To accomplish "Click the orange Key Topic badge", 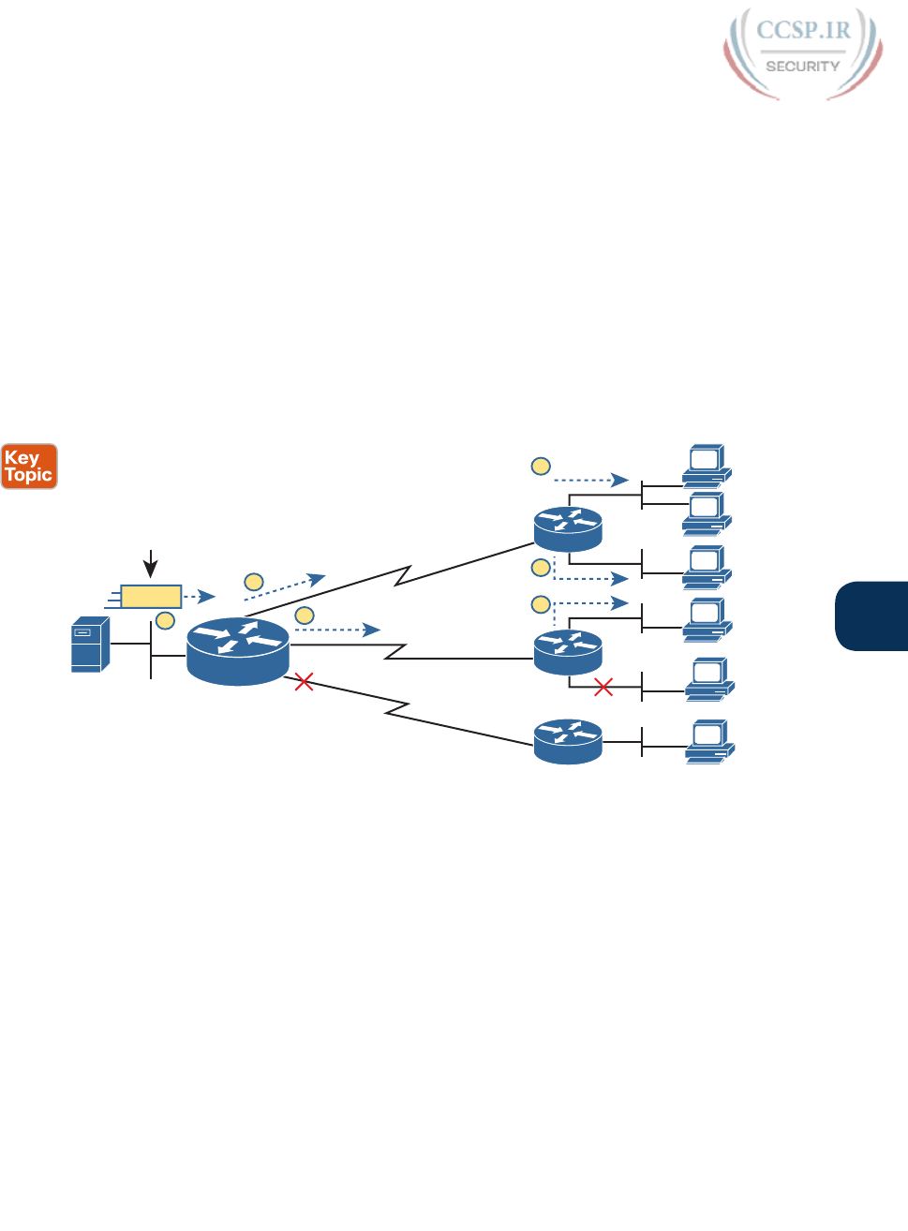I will click(x=29, y=467).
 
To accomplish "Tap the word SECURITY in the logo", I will click(x=802, y=67).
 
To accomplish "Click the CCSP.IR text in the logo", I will click(x=803, y=30).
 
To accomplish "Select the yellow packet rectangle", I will click(x=151, y=596).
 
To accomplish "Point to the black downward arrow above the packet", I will click(x=151, y=564).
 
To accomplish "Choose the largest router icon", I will click(x=238, y=650).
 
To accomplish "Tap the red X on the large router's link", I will click(x=304, y=682).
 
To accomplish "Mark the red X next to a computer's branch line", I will click(x=603, y=688).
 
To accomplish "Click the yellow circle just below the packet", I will click(x=165, y=619).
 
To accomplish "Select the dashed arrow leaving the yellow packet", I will click(x=199, y=596).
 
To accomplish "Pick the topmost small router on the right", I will click(x=568, y=529).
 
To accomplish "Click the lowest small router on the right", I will click(x=568, y=741).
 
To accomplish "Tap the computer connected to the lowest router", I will click(x=709, y=741).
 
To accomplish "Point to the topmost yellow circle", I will click(x=541, y=466).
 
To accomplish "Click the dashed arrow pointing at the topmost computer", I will click(x=590, y=481).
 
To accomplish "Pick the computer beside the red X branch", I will click(x=709, y=680).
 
